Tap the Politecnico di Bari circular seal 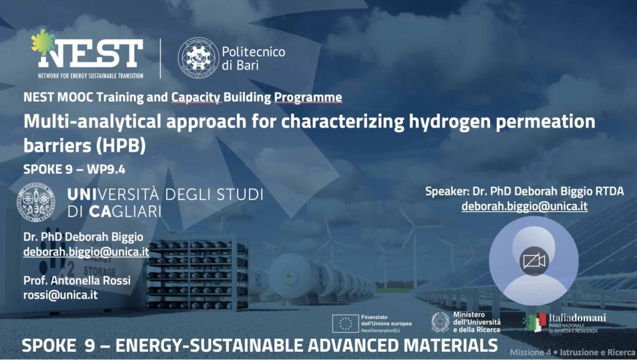pos(198,58)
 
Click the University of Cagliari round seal pos(35,202)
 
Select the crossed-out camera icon pos(534,261)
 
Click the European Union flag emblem pos(345,323)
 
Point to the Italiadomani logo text pos(577,318)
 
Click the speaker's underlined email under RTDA pos(524,206)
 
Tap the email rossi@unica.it pos(60,295)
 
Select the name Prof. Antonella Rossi pos(77,280)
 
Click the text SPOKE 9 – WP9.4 pos(75,169)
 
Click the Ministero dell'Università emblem pos(440,322)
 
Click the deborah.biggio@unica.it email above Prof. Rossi pos(86,252)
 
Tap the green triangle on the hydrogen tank pos(289,275)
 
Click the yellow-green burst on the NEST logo pos(43,42)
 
